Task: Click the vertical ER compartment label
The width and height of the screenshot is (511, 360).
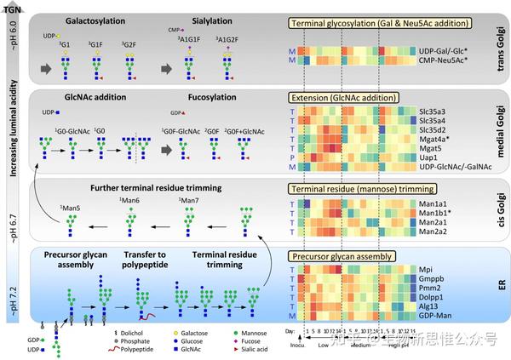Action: point(499,289)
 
